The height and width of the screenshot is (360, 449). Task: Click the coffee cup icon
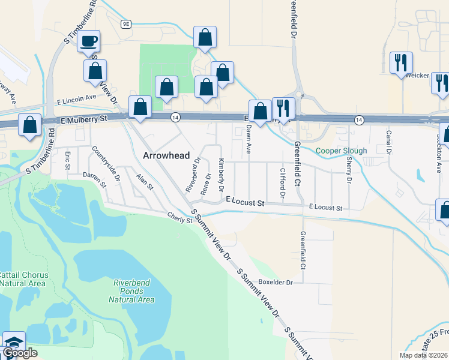[89, 41]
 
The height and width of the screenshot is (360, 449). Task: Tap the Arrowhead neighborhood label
[166, 155]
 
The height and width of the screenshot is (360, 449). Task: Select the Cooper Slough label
[341, 151]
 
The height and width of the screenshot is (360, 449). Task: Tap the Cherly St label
[179, 217]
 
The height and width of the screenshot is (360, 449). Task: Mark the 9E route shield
[125, 24]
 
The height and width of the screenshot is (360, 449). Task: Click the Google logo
[19, 353]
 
